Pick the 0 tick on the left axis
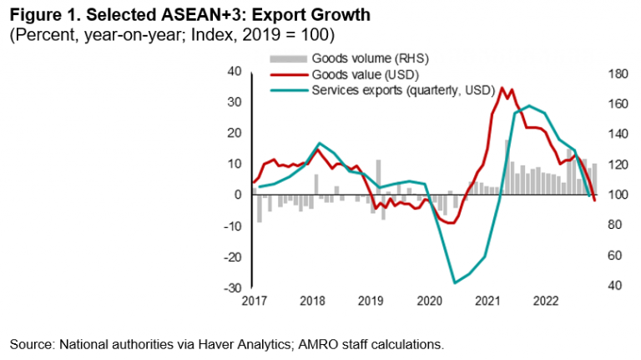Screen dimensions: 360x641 click(238, 195)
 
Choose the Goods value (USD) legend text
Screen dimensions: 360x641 click(357, 74)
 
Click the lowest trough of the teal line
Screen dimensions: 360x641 click(455, 282)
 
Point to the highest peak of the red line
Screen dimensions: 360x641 click(501, 87)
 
